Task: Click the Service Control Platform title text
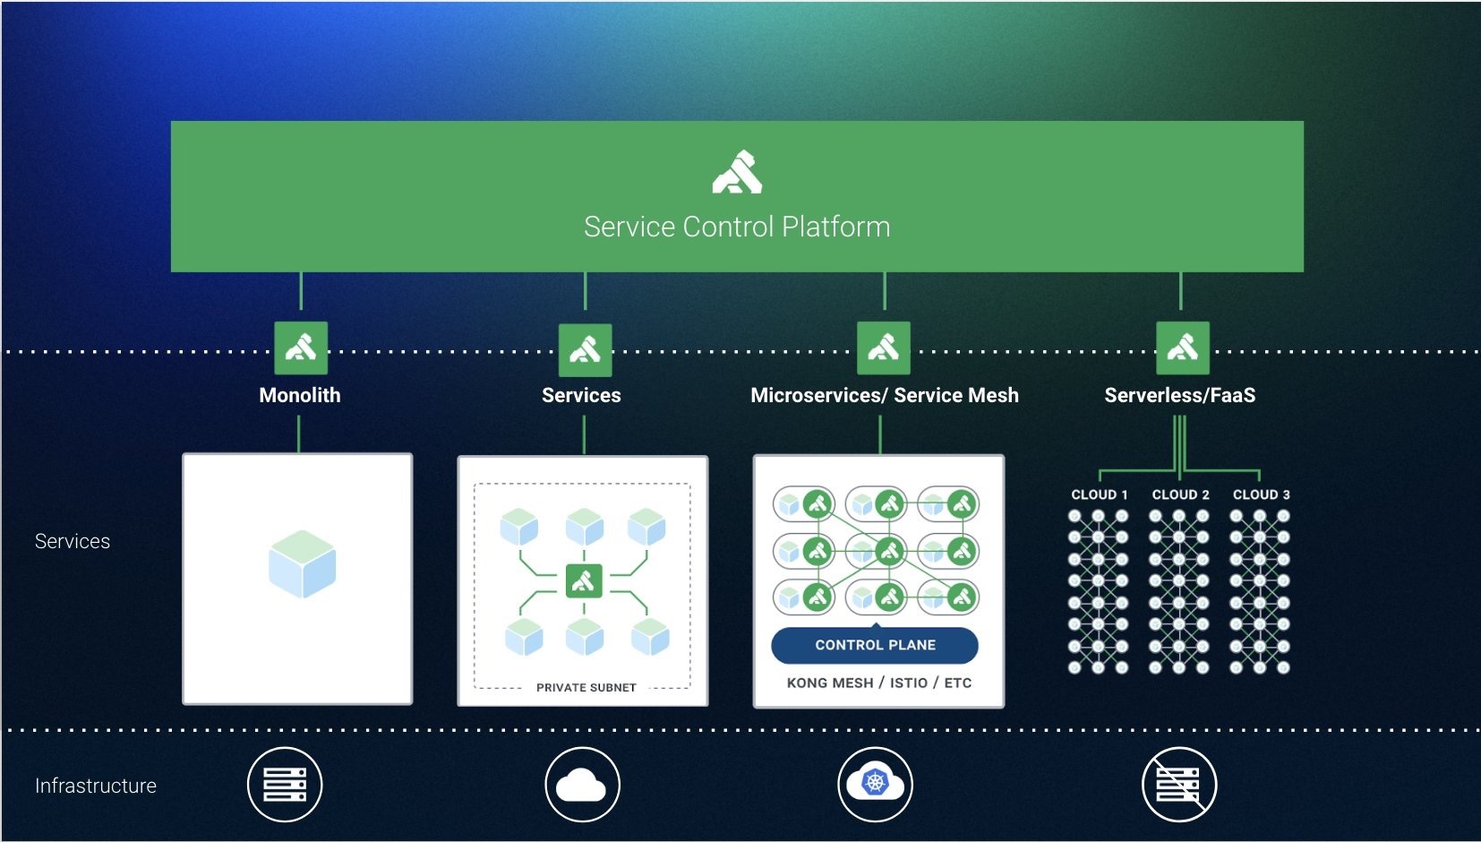click(x=737, y=227)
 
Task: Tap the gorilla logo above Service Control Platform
click(x=737, y=173)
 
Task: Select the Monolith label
click(x=300, y=395)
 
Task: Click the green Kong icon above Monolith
click(x=301, y=348)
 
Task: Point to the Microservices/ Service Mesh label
click(x=885, y=395)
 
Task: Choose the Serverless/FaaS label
click(x=1180, y=395)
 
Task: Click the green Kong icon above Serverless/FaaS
click(x=1183, y=348)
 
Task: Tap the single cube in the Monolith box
click(x=303, y=563)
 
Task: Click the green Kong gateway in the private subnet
click(x=584, y=581)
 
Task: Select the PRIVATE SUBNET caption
click(x=586, y=688)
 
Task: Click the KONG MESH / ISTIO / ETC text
click(x=879, y=683)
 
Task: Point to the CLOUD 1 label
click(x=1100, y=494)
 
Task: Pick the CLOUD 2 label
click(x=1180, y=494)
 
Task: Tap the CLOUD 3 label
click(x=1261, y=494)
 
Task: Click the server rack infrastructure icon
click(x=285, y=785)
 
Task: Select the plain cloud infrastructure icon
click(x=582, y=785)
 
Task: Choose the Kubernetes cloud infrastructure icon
click(x=875, y=785)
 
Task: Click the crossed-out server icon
click(x=1179, y=785)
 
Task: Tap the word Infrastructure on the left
click(x=96, y=786)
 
